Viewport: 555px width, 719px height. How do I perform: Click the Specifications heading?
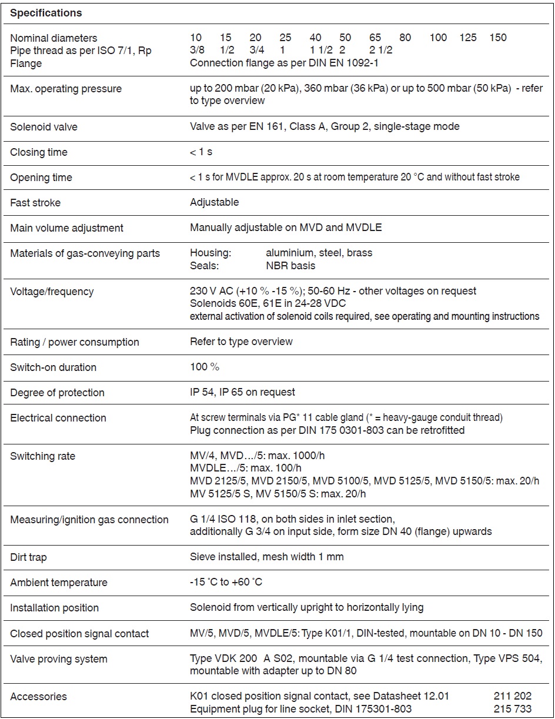tap(46, 12)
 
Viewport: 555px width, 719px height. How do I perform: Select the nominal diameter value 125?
tap(468, 38)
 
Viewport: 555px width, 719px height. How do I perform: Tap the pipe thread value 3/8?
tap(197, 51)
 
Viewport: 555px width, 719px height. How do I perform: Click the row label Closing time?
tap(39, 152)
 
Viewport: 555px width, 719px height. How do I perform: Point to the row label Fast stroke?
tap(35, 203)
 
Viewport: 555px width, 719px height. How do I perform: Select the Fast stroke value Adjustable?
tap(215, 202)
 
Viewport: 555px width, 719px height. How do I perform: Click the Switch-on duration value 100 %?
tap(205, 367)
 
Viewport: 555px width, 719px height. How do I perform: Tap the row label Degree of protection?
tap(57, 393)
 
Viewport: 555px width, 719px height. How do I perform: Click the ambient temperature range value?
tap(226, 582)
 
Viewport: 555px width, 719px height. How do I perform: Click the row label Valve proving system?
tap(59, 659)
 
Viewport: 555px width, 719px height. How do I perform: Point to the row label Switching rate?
tap(42, 456)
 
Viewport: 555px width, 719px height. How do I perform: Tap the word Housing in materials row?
tap(210, 253)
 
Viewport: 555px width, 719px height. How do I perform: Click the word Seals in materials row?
tap(204, 266)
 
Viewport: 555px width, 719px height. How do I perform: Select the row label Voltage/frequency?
tap(52, 292)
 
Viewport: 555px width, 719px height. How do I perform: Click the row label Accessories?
tap(38, 697)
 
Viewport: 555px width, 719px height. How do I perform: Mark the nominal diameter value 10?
tap(196, 38)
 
